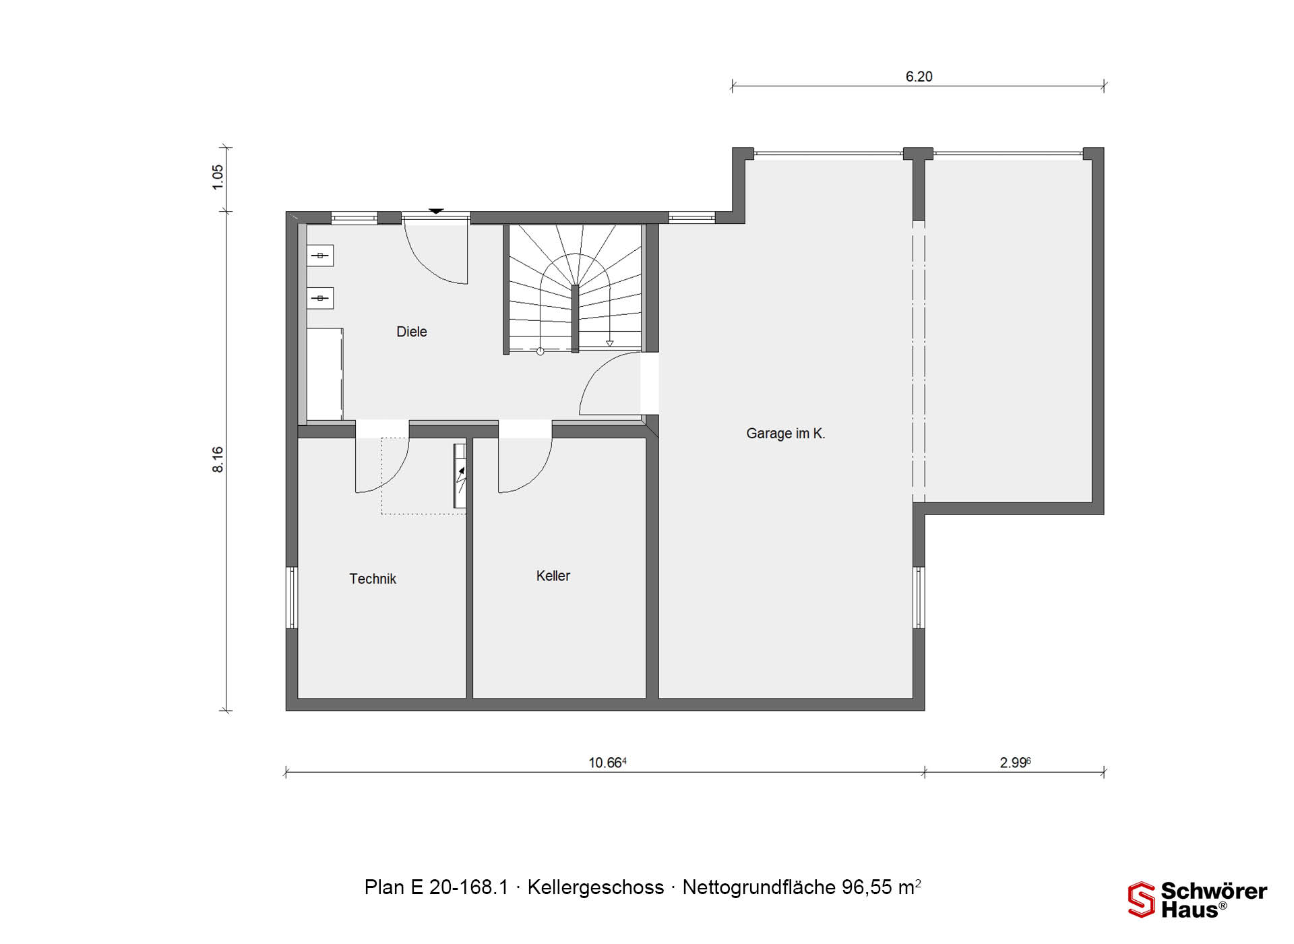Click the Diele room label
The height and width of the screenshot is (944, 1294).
point(411,332)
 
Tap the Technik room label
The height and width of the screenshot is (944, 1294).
point(373,579)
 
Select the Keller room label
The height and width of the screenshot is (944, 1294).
point(553,576)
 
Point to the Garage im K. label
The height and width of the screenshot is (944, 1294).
point(786,434)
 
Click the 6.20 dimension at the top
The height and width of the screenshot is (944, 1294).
point(919,77)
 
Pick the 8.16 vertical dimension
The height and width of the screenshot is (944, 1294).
point(218,459)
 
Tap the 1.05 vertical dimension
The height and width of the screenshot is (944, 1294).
point(218,177)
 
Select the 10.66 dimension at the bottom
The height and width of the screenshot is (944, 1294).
point(607,763)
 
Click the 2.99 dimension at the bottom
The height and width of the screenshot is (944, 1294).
point(1015,763)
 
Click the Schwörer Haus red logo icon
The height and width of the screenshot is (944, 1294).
point(1142,900)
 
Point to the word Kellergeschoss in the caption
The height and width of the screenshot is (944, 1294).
point(596,887)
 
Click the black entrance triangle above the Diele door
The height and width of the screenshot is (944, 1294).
point(436,211)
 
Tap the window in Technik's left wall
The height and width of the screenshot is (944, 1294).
point(292,597)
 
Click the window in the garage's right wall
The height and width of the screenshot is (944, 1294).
point(919,597)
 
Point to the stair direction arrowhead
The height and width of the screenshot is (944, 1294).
point(609,344)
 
